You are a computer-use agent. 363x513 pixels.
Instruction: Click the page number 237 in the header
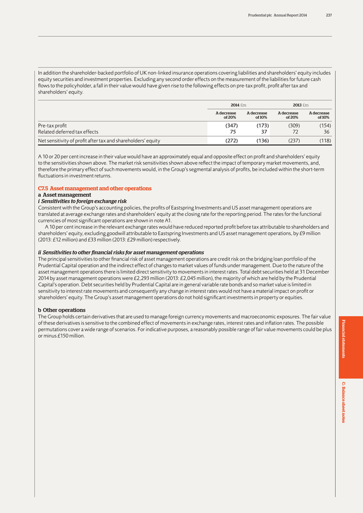(329, 15)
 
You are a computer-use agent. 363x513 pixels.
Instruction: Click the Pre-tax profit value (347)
(229, 125)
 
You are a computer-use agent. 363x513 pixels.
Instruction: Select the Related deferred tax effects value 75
(232, 132)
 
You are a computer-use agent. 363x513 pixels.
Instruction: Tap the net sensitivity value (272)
(229, 141)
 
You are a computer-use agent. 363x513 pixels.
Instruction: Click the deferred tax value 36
(325, 132)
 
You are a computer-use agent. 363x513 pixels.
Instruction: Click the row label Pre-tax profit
(52, 125)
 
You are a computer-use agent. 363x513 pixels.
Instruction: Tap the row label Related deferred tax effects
(68, 132)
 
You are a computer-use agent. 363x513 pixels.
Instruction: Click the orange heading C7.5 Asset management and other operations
(95, 188)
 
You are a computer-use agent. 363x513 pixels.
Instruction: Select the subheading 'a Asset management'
(65, 195)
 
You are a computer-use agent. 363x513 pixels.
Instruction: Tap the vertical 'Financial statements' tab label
(344, 339)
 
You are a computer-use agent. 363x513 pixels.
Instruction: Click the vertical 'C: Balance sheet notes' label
(344, 402)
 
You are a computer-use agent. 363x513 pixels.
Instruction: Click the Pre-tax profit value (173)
(260, 125)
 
